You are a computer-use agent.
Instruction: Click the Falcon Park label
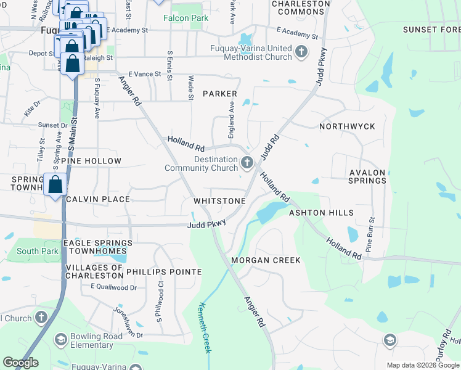click(x=186, y=18)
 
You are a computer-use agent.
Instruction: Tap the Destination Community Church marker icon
click(x=247, y=163)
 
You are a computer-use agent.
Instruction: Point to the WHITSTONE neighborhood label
click(x=220, y=201)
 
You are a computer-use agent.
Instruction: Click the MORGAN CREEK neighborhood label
click(x=266, y=260)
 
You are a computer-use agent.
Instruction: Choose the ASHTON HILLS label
click(x=321, y=213)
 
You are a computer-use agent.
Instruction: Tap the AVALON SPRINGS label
click(x=367, y=177)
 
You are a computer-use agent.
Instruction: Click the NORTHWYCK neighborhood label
click(x=347, y=126)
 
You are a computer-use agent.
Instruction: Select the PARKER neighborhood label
click(x=219, y=94)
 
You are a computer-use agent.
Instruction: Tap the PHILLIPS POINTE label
click(x=164, y=272)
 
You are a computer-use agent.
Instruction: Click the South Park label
click(x=38, y=251)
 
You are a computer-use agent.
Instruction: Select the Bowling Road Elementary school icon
click(x=60, y=339)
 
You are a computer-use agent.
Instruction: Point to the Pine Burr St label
click(x=371, y=234)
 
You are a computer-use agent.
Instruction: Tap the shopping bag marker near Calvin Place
click(x=55, y=184)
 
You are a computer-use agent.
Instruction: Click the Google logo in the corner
click(x=20, y=363)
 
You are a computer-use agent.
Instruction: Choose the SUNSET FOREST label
click(x=431, y=30)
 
